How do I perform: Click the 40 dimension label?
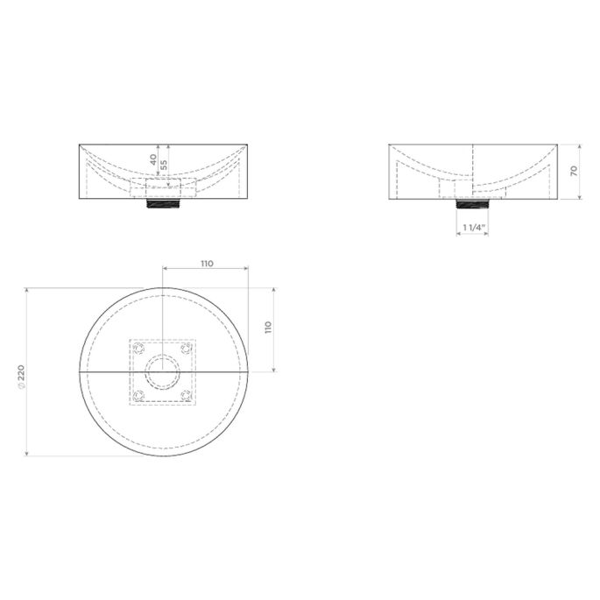pos(153,160)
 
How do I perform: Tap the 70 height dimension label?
pos(574,171)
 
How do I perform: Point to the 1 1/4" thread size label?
pos(474,228)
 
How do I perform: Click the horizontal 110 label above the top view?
pos(207,263)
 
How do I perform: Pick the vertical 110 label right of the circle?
pos(269,328)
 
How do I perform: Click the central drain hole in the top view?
pos(164,371)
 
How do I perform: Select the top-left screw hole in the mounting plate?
pos(138,348)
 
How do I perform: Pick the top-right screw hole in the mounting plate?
pos(187,348)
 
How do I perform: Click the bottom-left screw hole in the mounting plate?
pos(138,395)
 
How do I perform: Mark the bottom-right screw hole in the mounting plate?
pos(187,395)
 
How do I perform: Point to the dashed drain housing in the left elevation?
pos(164,187)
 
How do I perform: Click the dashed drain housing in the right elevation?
pos(455,187)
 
